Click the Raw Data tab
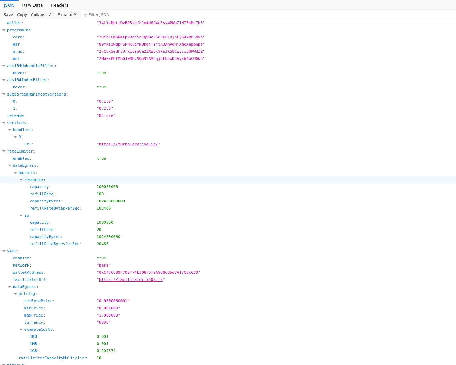[32, 5]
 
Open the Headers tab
[59, 5]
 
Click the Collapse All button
[42, 15]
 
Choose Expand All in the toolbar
[68, 15]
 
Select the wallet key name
[14, 23]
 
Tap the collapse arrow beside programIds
[4, 30]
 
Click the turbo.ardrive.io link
[128, 144]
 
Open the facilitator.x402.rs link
[131, 280]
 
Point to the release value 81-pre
[106, 115]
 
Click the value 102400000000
[111, 201]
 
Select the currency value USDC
[104, 322]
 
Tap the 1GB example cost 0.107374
[106, 351]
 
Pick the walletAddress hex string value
[149, 272]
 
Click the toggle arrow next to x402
[4, 251]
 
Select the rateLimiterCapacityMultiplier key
[53, 358]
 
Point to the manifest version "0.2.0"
[105, 108]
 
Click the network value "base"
[104, 265]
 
